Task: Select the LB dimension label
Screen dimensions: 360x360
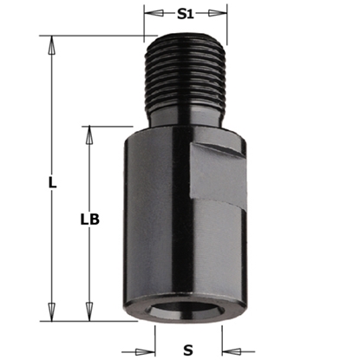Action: pyautogui.click(x=88, y=220)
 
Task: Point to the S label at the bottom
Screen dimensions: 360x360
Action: pyautogui.click(x=187, y=350)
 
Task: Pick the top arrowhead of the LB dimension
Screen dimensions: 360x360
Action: pyautogui.click(x=88, y=133)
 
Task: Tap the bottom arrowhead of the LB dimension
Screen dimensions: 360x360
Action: pyautogui.click(x=88, y=314)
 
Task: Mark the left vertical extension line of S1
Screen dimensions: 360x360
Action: pyautogui.click(x=145, y=22)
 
